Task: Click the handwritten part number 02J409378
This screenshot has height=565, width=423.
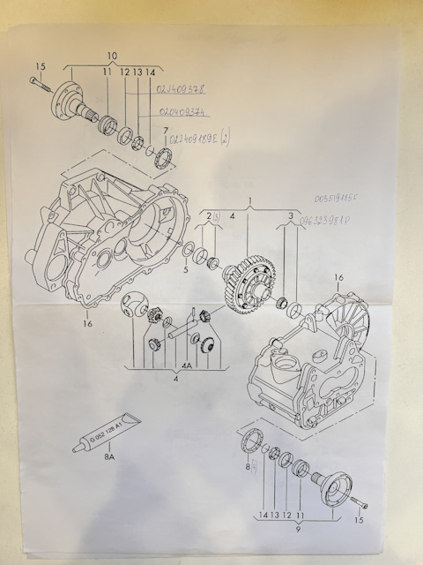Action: pyautogui.click(x=180, y=89)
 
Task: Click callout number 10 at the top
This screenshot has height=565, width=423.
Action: pyautogui.click(x=112, y=54)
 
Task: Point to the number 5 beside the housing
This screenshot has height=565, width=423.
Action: pyautogui.click(x=185, y=269)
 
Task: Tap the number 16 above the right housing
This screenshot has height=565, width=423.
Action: pyautogui.click(x=338, y=278)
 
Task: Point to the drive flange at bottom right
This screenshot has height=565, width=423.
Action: pyautogui.click(x=335, y=486)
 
